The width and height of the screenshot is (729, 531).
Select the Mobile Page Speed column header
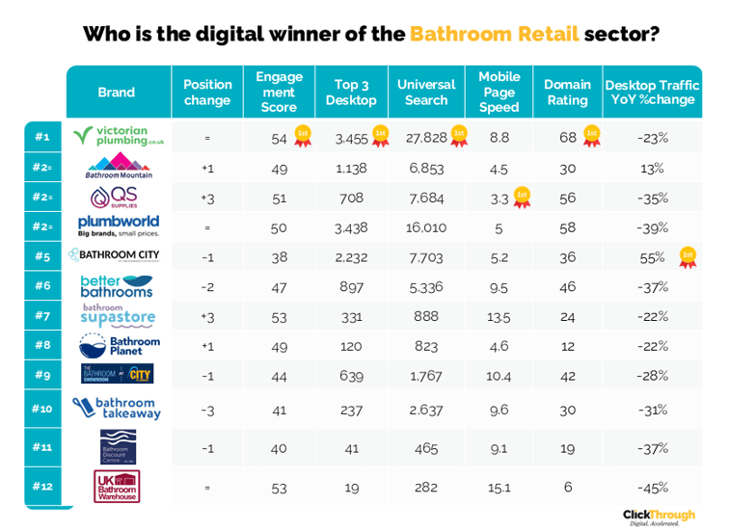coord(499,92)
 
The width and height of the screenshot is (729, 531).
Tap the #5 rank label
coord(41,256)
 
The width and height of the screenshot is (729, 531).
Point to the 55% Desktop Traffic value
coord(652,257)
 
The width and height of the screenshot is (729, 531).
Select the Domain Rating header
coord(566,92)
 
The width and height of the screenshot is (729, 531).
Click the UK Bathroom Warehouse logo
coord(117,486)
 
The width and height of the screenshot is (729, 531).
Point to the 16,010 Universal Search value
coord(425,228)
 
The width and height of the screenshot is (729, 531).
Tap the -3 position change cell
coord(207,409)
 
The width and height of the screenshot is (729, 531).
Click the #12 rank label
coord(41,486)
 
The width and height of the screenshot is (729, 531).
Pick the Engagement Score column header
coord(279,92)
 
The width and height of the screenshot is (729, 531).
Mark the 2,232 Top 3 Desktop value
coord(351,257)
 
